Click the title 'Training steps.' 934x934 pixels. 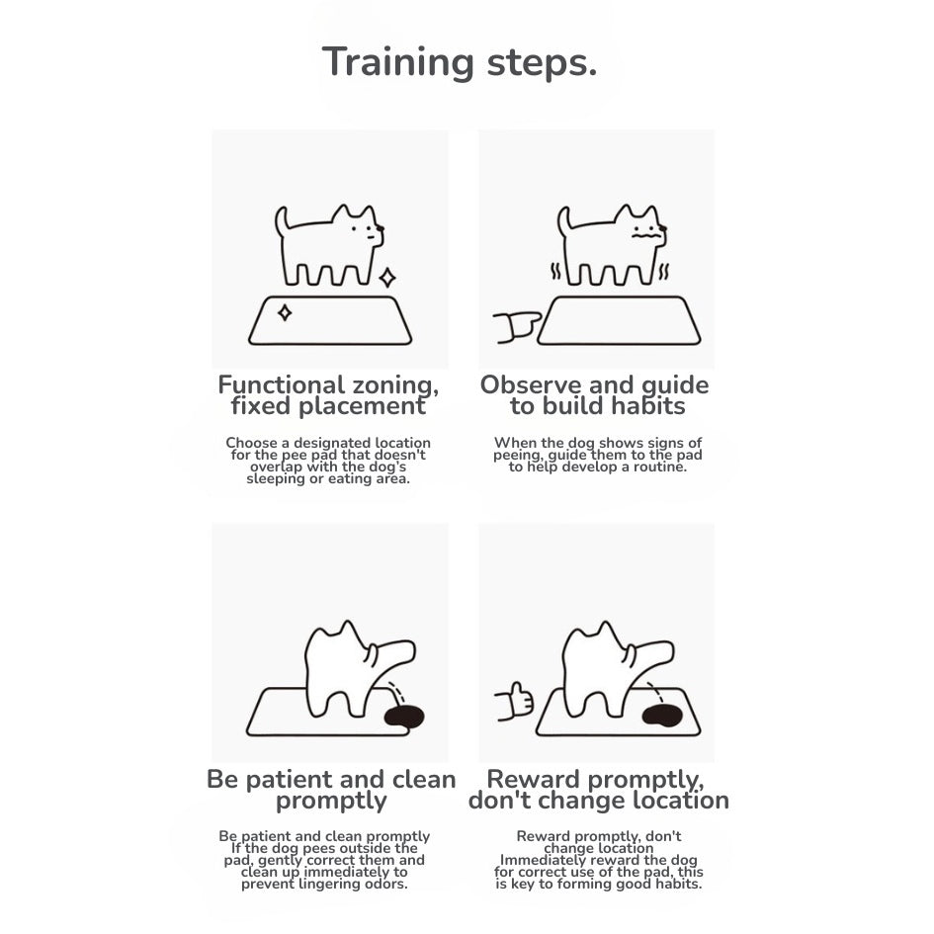459,61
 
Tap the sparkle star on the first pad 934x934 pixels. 285,313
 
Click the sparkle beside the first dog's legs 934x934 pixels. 386,278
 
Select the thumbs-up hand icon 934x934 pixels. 514,702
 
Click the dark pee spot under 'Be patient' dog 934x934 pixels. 403,717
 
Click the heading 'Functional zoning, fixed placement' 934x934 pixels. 328,395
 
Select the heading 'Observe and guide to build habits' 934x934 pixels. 595,395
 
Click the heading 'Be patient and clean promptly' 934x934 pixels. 330,790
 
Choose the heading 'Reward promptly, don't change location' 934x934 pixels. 598,790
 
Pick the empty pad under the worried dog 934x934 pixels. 619,321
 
